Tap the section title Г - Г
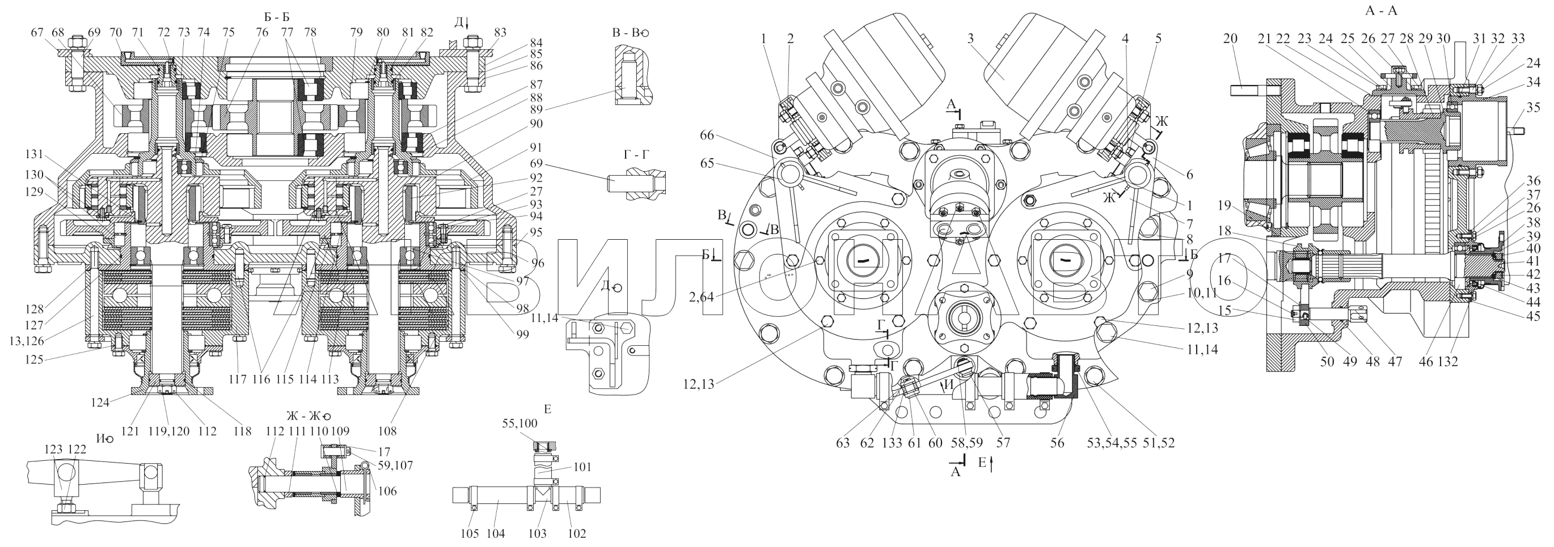click(x=637, y=155)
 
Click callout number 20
click(x=1230, y=39)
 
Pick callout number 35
click(x=1533, y=108)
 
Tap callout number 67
click(x=38, y=32)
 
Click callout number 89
click(x=536, y=110)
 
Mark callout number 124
click(x=100, y=402)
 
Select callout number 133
click(x=892, y=443)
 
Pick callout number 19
click(x=1223, y=205)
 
